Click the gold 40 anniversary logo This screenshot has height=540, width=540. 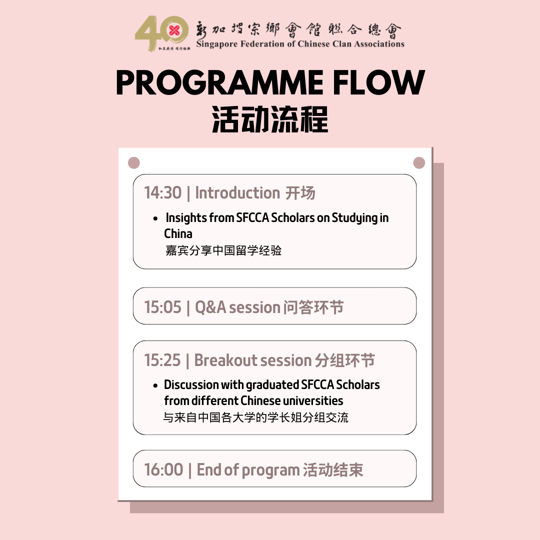[x=161, y=33]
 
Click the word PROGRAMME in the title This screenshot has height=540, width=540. [x=219, y=82]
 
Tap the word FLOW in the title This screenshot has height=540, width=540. [x=379, y=82]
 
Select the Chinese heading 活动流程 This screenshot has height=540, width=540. [x=270, y=119]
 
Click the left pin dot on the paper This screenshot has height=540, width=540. [x=133, y=163]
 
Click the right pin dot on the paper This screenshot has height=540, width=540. [x=419, y=163]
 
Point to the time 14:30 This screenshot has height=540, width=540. [x=162, y=193]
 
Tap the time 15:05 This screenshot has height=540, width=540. [x=162, y=307]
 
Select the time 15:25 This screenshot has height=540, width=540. [x=162, y=360]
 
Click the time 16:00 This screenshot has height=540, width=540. [x=163, y=469]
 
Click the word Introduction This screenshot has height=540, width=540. [x=237, y=193]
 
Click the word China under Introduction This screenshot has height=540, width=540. [x=178, y=234]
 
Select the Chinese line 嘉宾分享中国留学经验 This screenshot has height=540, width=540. [x=223, y=250]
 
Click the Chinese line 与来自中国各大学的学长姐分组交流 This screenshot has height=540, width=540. [x=256, y=417]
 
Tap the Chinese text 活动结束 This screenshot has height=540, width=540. [x=332, y=469]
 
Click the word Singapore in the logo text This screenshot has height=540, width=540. [x=217, y=44]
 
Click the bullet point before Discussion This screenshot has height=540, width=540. [x=155, y=385]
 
